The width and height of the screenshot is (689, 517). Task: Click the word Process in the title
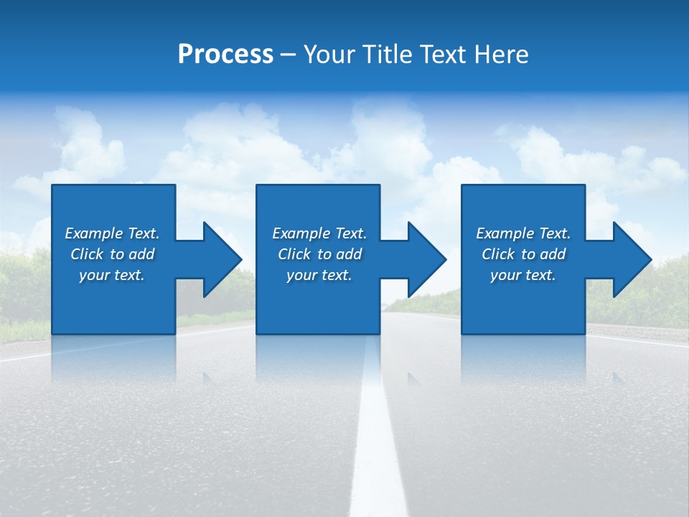point(225,55)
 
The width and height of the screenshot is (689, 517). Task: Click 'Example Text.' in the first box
point(112,233)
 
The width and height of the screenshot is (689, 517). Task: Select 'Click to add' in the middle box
point(319,254)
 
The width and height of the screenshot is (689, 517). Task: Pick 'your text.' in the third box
point(522,275)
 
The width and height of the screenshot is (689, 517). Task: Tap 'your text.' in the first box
point(112,275)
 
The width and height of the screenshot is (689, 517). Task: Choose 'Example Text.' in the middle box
point(319,233)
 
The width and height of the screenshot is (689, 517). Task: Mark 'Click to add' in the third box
point(523,254)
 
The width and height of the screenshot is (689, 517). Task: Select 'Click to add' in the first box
point(112,254)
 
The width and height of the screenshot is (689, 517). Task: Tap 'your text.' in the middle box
point(319,275)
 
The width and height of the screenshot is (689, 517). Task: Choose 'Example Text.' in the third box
point(523,233)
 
